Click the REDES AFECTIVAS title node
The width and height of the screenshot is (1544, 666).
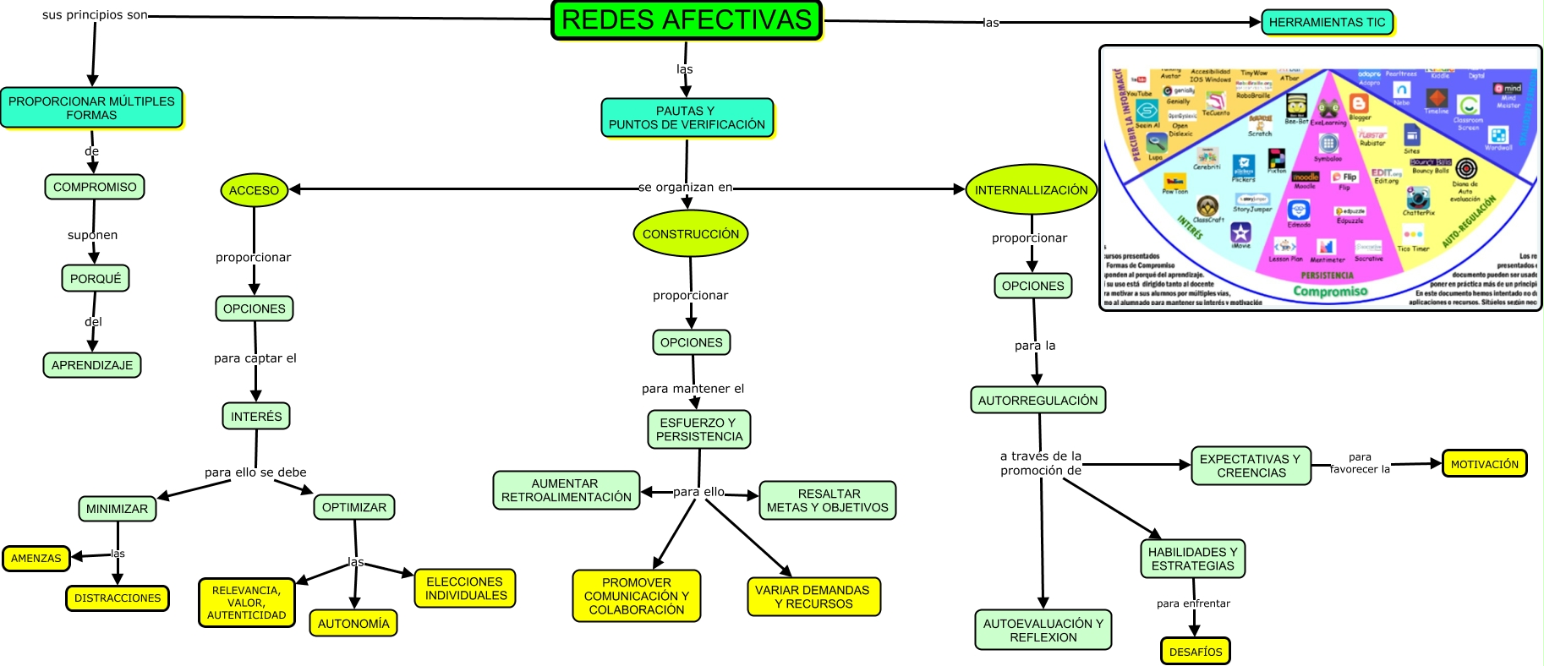pos(686,20)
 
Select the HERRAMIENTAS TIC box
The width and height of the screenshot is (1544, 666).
pos(1327,22)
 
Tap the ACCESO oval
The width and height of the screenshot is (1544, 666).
pos(254,190)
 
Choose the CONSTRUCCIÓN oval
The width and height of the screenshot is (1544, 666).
pos(690,234)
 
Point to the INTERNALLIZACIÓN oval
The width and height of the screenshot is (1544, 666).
pos(1031,190)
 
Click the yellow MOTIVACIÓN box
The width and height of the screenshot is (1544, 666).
pos(1484,464)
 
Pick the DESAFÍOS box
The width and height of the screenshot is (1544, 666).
pos(1195,652)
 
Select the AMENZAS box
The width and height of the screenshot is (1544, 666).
pos(36,559)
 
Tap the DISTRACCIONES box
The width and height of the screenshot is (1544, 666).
pos(118,598)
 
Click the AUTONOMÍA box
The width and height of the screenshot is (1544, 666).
pos(353,624)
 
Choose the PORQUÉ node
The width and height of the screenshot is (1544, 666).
pos(96,278)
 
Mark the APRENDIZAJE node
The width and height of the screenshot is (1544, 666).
pos(92,365)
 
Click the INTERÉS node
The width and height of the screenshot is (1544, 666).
pos(256,416)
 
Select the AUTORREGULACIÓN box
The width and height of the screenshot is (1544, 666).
pos(1038,400)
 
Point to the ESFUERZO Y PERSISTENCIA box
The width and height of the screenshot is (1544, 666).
pos(699,429)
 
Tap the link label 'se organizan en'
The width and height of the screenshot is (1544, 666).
pos(685,187)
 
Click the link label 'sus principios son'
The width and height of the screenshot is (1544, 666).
pos(95,15)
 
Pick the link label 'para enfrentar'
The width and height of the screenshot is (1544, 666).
pos(1193,603)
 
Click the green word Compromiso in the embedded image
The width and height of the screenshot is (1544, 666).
pos(1329,292)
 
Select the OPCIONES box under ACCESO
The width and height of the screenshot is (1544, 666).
pos(255,308)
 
